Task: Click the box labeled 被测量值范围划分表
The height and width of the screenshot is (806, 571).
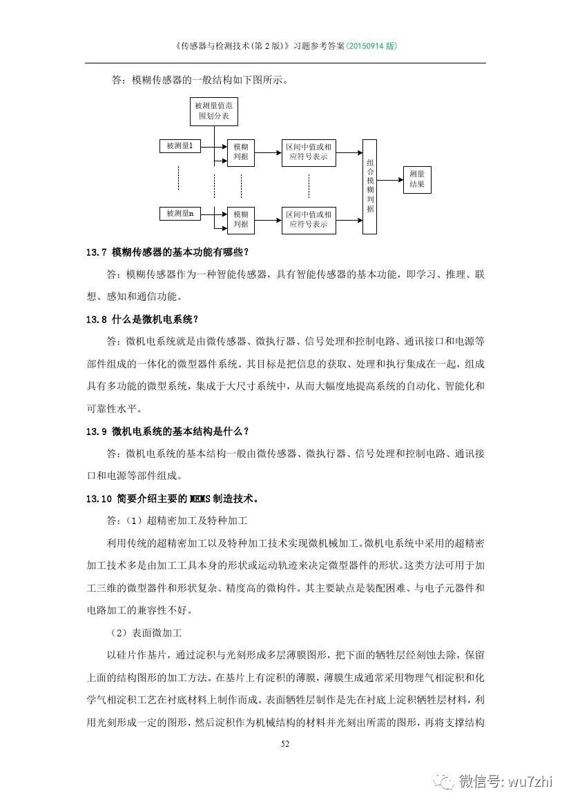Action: pos(214,112)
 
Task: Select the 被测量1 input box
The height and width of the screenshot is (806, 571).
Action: pos(179,146)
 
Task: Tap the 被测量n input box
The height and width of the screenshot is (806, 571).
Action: pos(179,214)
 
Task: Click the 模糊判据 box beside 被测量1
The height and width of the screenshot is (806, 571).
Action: pos(241,152)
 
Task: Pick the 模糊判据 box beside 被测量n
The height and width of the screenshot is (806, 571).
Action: pos(241,219)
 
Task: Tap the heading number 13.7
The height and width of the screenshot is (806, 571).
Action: pos(95,252)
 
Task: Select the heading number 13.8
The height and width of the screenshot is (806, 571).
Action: pos(95,319)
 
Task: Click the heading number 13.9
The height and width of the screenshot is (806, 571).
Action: pos(95,432)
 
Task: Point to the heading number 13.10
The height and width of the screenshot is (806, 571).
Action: pos(98,498)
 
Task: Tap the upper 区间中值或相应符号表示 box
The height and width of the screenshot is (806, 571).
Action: pos(309,152)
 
